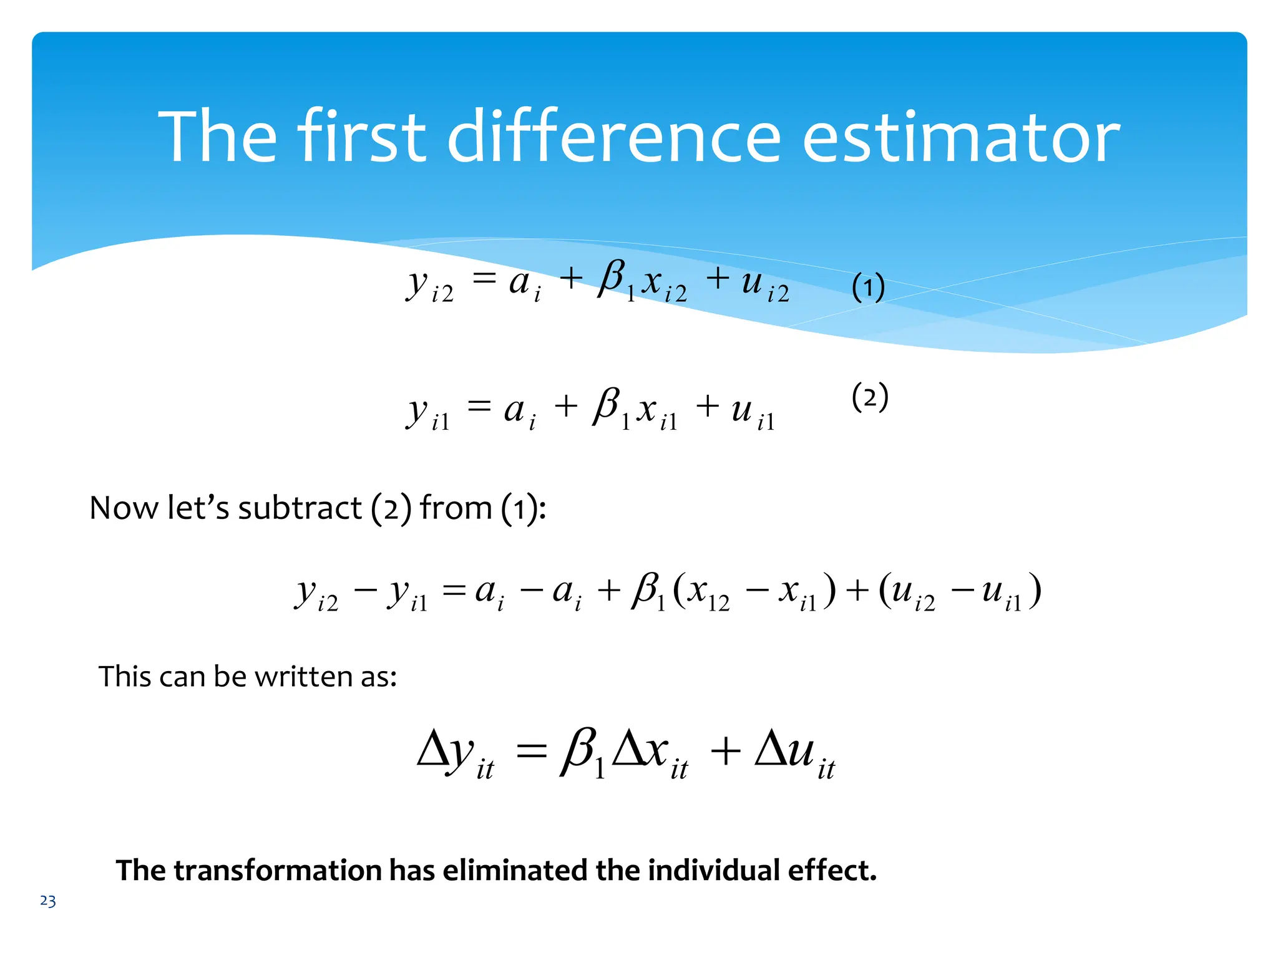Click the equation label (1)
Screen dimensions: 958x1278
tap(868, 288)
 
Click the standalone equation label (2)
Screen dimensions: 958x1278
tap(869, 397)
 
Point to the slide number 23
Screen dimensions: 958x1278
tap(48, 901)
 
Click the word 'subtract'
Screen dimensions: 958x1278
tap(300, 508)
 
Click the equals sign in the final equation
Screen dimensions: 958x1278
tap(531, 751)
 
